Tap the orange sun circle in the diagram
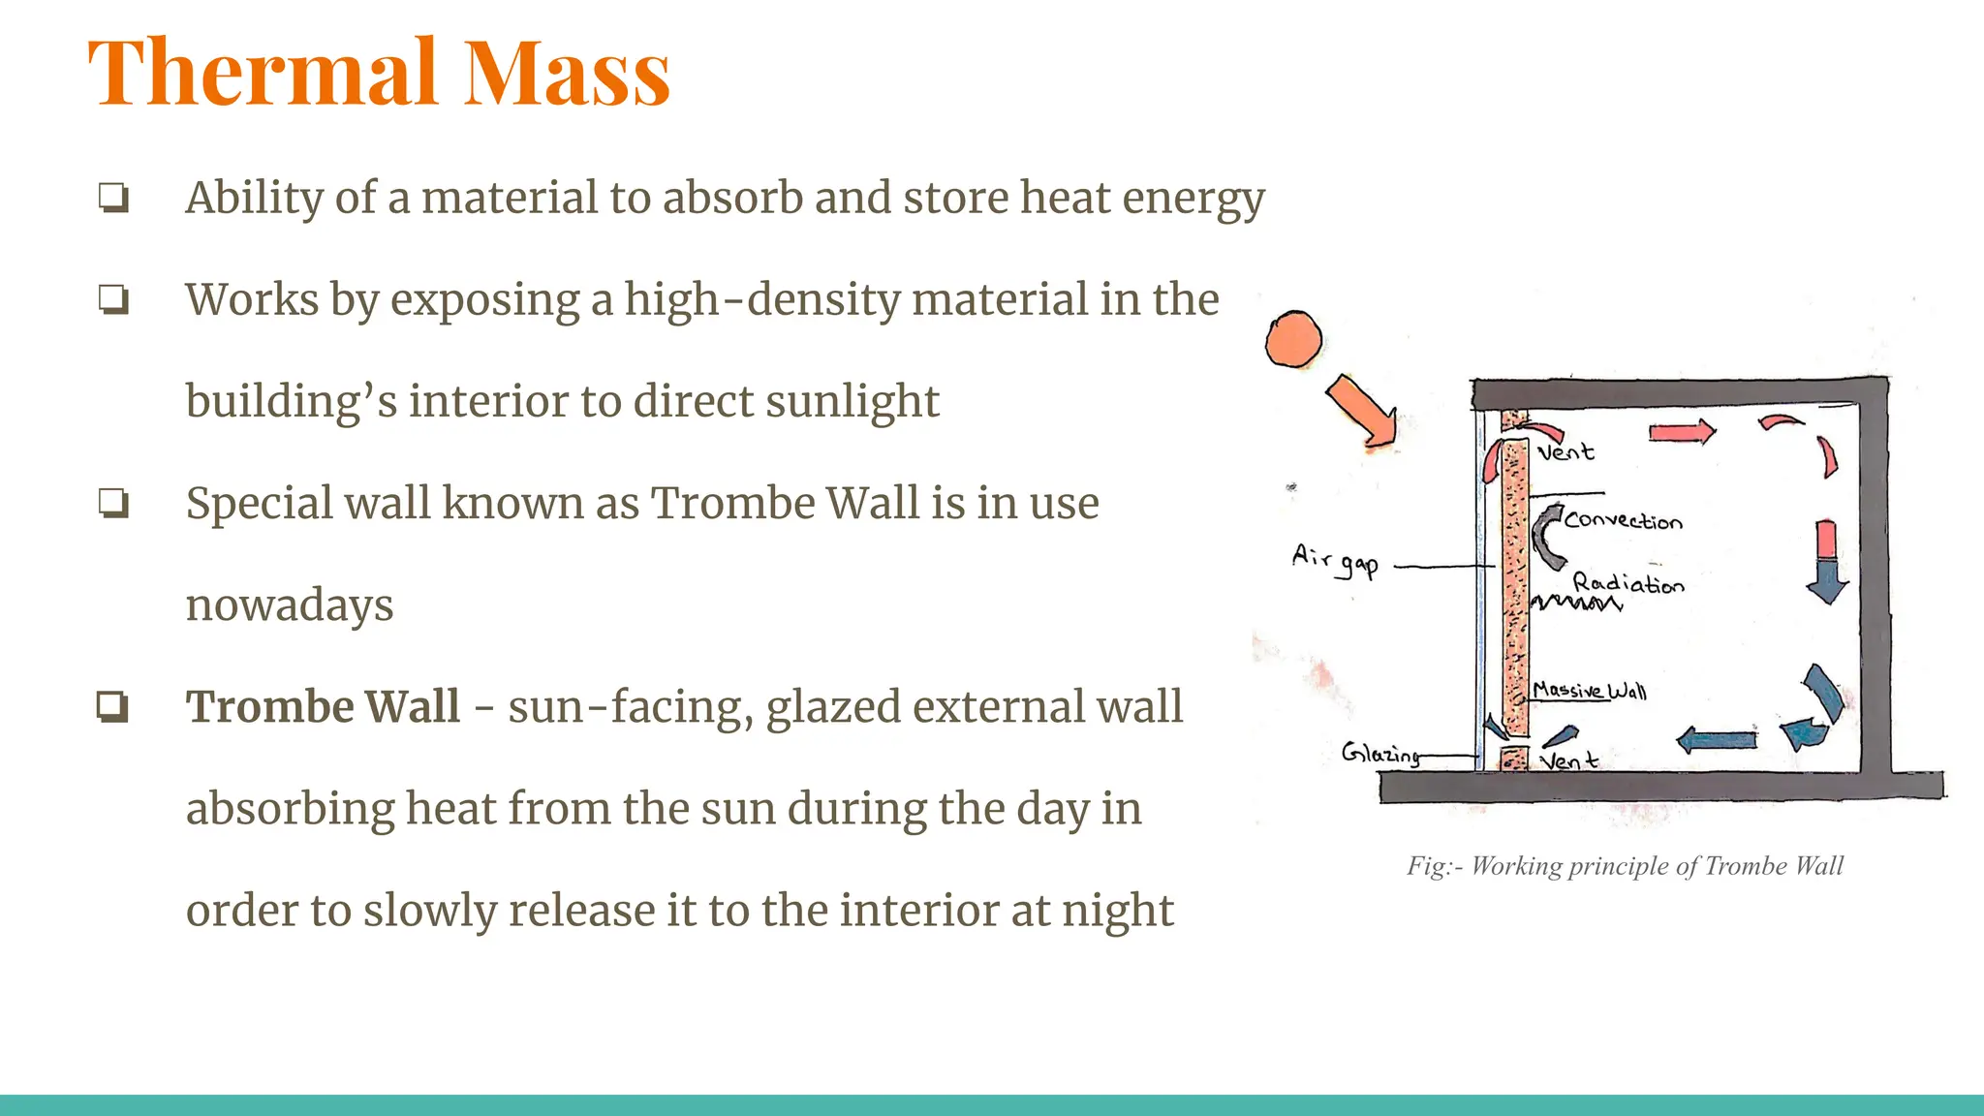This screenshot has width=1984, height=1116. click(x=1293, y=339)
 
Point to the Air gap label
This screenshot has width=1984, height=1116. click(x=1334, y=560)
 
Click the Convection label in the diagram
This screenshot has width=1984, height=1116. click(x=1623, y=520)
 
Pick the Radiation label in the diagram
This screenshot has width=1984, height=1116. click(x=1627, y=583)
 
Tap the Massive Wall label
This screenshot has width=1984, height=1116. click(x=1589, y=691)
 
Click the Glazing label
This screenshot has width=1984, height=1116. click(x=1380, y=753)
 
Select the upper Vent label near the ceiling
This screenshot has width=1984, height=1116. click(x=1565, y=451)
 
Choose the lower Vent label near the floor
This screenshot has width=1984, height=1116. click(x=1568, y=761)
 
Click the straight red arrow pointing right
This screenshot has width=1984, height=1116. click(x=1682, y=431)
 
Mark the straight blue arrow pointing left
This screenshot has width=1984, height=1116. click(x=1716, y=741)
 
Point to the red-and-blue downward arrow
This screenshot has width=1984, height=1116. click(x=1827, y=562)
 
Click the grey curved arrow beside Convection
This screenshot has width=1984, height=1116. click(x=1547, y=536)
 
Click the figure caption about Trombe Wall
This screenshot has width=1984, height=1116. click(x=1625, y=865)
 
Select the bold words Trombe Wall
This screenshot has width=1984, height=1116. click(x=323, y=706)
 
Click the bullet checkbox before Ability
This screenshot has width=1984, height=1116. click(x=113, y=199)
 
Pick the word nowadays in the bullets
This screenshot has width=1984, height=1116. click(x=290, y=605)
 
